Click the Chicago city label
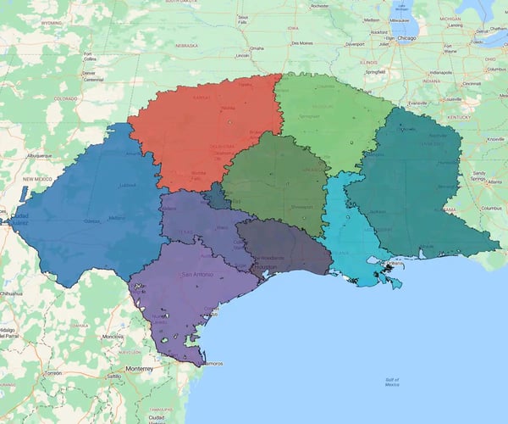click(410, 38)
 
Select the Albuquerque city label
click(38, 156)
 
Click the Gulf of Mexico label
click(391, 382)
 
